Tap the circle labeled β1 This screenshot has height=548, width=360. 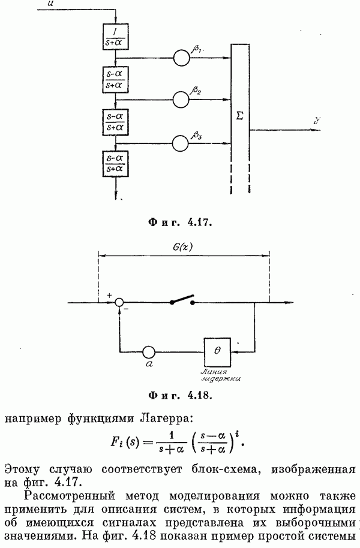pos(181,58)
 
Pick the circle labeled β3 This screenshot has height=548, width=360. pos(181,143)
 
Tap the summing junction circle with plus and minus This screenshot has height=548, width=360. pos(120,303)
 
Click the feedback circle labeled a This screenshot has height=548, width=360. pos(148,351)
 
